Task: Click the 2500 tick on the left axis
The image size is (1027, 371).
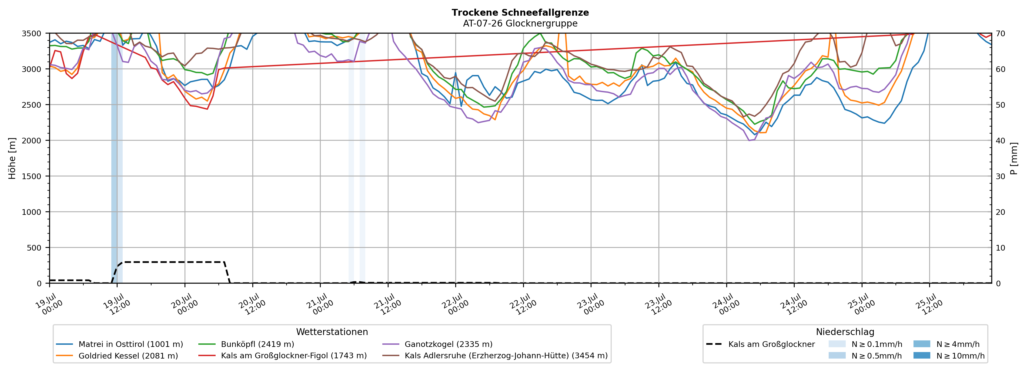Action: point(32,105)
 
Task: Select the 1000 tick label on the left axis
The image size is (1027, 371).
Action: point(32,212)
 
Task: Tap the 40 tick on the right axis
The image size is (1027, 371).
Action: point(1000,140)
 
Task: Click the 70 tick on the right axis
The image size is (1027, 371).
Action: point(1000,34)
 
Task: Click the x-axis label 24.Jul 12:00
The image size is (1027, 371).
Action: point(794,304)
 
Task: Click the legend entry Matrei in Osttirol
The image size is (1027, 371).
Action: point(120,344)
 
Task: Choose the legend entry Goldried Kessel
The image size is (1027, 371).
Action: point(117,355)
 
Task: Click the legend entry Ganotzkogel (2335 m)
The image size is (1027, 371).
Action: point(437,344)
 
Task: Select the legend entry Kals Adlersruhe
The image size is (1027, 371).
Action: point(495,355)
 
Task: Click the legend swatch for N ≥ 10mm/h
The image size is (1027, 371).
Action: point(922,355)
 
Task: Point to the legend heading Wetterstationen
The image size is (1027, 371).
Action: point(332,332)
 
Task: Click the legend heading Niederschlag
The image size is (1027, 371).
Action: point(845,332)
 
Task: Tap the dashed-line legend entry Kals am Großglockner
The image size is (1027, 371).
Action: point(760,344)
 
